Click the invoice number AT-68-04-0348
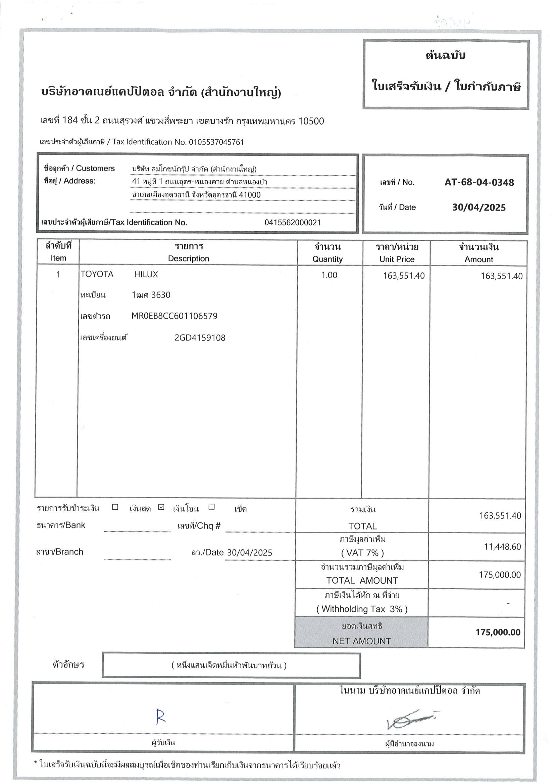tap(479, 182)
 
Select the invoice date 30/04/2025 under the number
tap(479, 207)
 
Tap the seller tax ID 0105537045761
tap(216, 142)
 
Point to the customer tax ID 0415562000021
tap(293, 223)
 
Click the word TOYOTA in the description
tap(97, 274)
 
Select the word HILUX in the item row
tap(146, 274)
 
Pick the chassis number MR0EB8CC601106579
tap(174, 316)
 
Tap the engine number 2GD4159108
tap(200, 338)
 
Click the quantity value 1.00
tap(329, 275)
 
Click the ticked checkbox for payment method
tap(161, 507)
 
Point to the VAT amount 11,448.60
tap(502, 547)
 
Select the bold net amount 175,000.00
tap(498, 632)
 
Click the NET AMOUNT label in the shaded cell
tap(361, 641)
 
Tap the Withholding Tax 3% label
tap(362, 609)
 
